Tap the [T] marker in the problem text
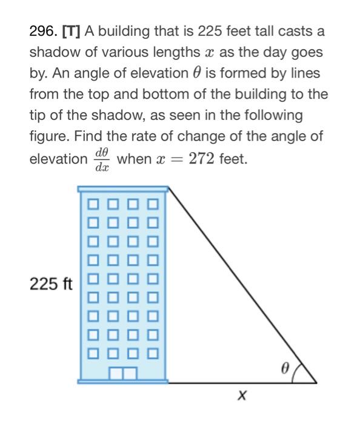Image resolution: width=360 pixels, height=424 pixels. [71, 31]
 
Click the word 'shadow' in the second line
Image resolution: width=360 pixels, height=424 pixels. [55, 52]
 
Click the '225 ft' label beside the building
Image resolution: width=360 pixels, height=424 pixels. [51, 283]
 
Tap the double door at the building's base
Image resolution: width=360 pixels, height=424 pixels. [123, 373]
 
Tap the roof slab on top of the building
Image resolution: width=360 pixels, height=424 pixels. [123, 190]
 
